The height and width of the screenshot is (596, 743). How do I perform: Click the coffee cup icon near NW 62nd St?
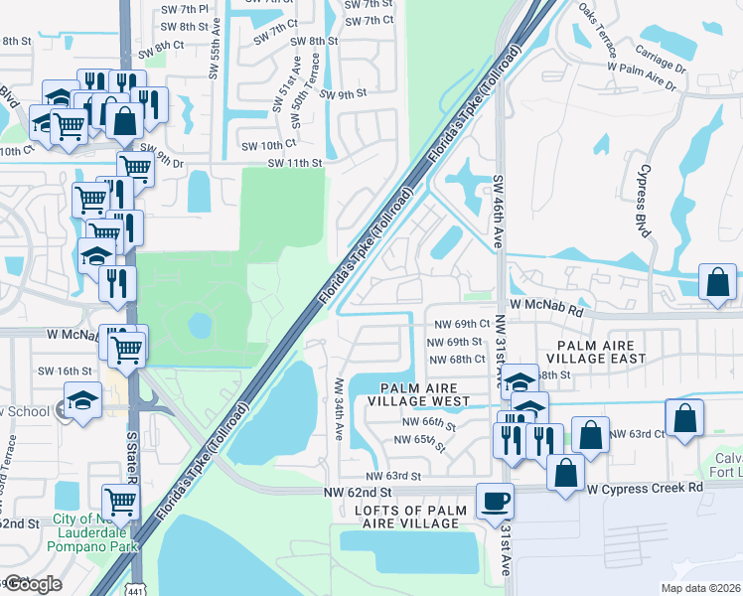click(494, 502)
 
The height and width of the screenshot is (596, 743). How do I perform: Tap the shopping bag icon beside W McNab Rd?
click(717, 282)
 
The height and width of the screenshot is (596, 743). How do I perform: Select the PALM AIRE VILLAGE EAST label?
click(595, 351)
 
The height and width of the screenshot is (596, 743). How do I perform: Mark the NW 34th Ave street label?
click(339, 408)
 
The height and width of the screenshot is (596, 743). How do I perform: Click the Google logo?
click(33, 584)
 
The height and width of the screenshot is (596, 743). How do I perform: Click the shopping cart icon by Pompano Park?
click(120, 502)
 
